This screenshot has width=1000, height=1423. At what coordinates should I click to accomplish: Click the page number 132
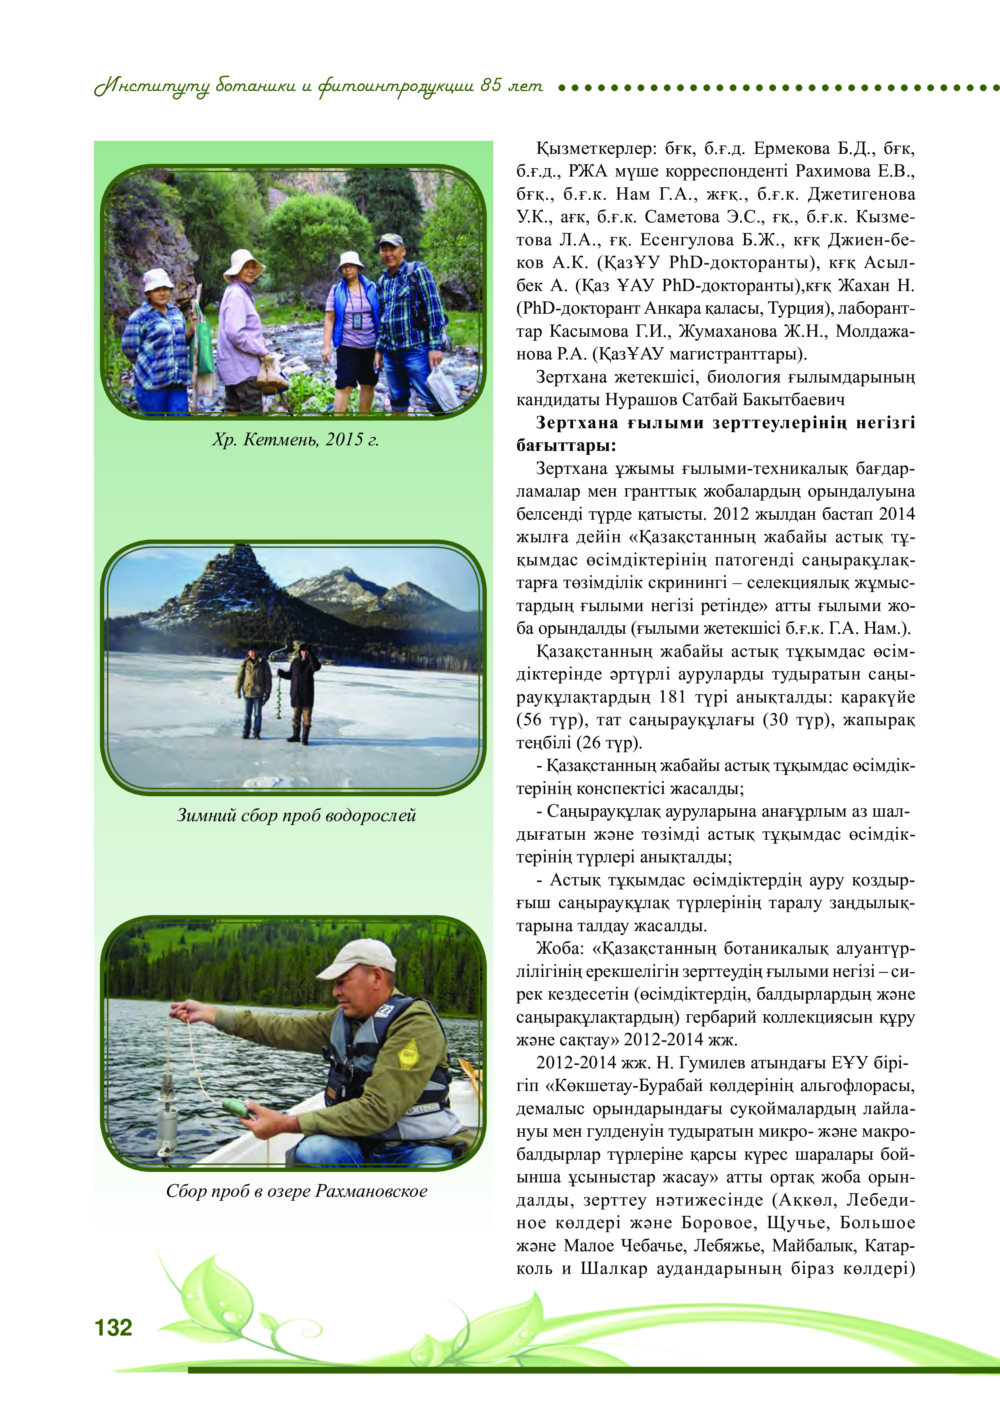coord(113,1328)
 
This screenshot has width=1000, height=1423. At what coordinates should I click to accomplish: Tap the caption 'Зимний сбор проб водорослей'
coord(296,815)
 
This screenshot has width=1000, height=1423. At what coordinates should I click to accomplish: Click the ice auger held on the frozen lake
coord(278,694)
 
